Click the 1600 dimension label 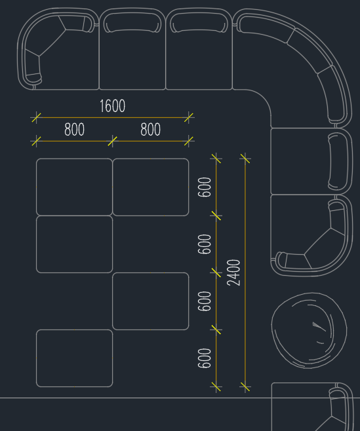[x=112, y=106]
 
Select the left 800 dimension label [x=74, y=130]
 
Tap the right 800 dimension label [x=150, y=130]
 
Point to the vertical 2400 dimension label [x=233, y=272]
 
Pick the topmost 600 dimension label [x=205, y=187]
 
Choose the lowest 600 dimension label [x=205, y=358]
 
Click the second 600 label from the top [x=205, y=244]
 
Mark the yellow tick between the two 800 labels [x=112, y=141]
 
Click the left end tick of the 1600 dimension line [x=36, y=117]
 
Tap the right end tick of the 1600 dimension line [x=189, y=117]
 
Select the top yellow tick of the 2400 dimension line [x=245, y=159]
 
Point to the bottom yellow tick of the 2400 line [x=245, y=386]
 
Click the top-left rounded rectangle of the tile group [x=74, y=187]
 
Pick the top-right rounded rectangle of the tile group [x=151, y=187]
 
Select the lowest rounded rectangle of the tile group [x=74, y=358]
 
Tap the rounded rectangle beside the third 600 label [x=151, y=301]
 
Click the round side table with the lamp [x=309, y=330]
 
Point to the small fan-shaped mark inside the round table [x=319, y=327]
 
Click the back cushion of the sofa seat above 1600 [x=132, y=22]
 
